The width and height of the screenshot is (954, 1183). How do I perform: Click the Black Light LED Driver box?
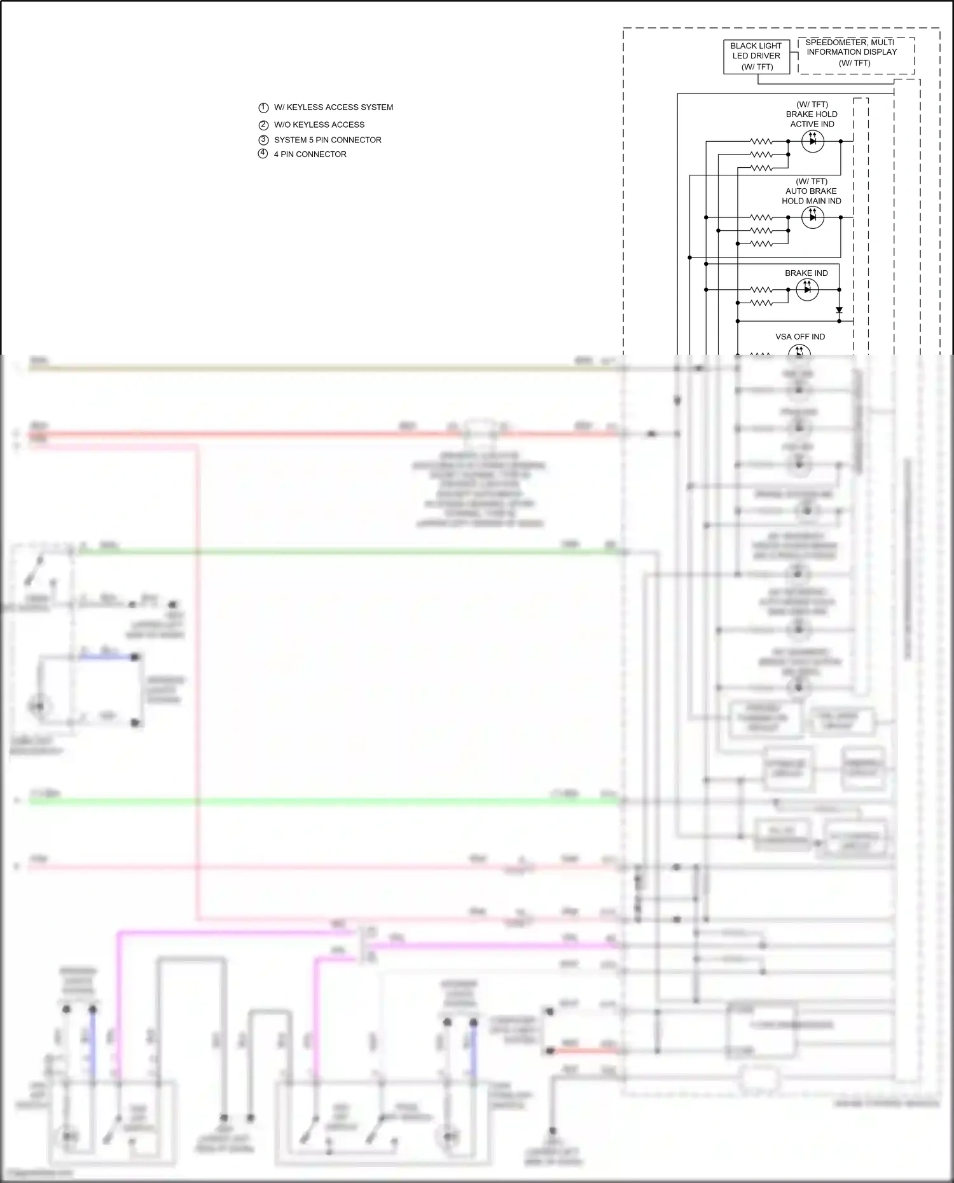click(756, 57)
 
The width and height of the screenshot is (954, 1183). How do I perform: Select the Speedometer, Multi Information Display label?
click(852, 52)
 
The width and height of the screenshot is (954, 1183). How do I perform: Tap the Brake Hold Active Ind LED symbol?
click(812, 141)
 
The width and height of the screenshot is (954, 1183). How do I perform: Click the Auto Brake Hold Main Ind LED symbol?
click(812, 217)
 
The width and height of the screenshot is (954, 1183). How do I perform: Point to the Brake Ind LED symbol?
click(807, 290)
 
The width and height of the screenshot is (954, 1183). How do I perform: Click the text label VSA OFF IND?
click(800, 337)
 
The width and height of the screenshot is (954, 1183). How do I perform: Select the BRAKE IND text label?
click(806, 273)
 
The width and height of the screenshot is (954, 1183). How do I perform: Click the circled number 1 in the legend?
click(263, 108)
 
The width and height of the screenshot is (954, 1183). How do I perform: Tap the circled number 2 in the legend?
click(263, 125)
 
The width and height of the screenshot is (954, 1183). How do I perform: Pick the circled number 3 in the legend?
click(263, 140)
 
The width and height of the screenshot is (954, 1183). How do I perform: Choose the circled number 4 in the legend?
click(263, 154)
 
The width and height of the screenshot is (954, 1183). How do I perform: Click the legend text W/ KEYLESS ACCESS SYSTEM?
click(333, 107)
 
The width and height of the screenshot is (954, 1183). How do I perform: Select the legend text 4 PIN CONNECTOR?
click(310, 154)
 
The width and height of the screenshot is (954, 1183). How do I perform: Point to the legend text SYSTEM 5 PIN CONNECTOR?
click(328, 140)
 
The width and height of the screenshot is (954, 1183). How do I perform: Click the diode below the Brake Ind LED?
click(839, 310)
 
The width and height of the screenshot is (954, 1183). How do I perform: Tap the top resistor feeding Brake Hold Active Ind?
click(761, 141)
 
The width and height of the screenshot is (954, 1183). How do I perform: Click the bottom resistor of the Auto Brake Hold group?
click(761, 243)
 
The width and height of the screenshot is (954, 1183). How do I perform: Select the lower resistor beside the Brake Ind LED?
click(761, 303)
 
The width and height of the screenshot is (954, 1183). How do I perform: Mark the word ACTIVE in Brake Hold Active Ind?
click(803, 125)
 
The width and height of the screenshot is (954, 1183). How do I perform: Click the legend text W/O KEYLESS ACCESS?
click(319, 125)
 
